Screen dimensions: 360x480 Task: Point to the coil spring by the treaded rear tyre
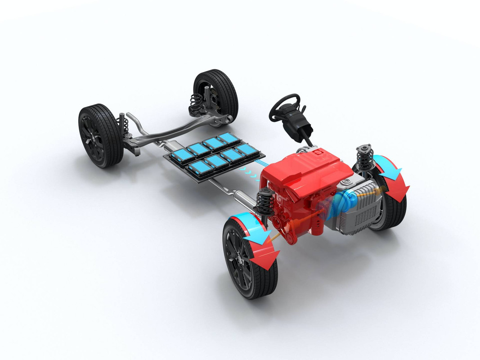[195, 103]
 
